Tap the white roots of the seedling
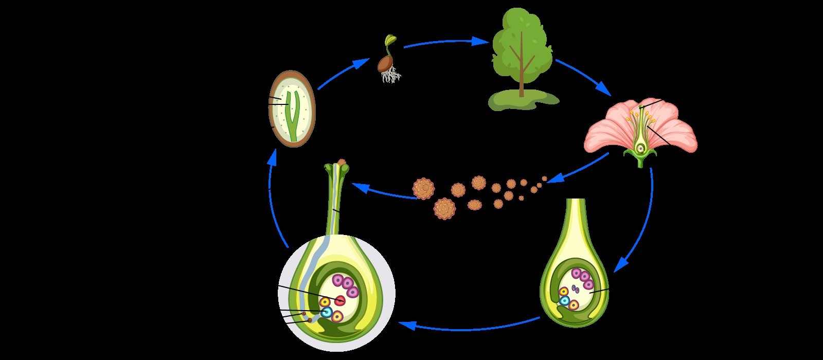[391, 77]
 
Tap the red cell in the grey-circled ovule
[341, 300]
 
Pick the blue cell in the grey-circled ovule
[326, 312]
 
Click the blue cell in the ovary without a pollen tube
[565, 300]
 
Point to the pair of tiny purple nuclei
[576, 289]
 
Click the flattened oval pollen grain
[474, 205]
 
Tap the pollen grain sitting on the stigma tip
[341, 163]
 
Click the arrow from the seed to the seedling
[343, 75]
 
